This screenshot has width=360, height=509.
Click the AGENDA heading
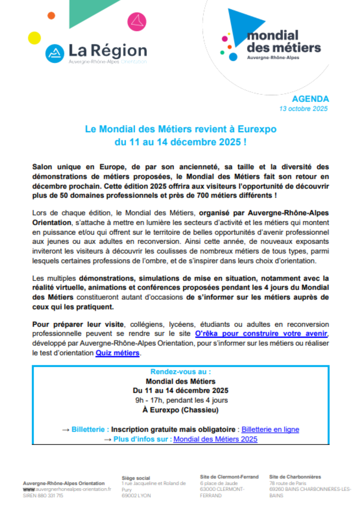[310, 99]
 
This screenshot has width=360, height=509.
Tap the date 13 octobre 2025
[303, 109]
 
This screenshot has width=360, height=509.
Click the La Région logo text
[108, 50]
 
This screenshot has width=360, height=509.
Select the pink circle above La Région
[137, 22]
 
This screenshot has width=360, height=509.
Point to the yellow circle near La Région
[34, 38]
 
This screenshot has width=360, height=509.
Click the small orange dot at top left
[51, 16]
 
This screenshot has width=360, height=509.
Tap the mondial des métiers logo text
[283, 42]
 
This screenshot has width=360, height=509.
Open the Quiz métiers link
[117, 353]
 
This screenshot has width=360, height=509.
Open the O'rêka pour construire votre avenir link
[261, 334]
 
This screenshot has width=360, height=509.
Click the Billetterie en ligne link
[270, 429]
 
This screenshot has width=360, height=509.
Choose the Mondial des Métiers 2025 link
[215, 439]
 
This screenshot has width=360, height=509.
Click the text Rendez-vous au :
[181, 372]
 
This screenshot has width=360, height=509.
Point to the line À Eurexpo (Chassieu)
[181, 410]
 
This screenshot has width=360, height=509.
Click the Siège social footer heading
[136, 478]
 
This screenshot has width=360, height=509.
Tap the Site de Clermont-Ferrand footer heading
[229, 477]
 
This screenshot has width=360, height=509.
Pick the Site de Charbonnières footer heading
[295, 477]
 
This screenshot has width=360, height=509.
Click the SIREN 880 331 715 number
[43, 496]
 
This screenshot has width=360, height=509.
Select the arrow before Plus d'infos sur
[108, 440]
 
